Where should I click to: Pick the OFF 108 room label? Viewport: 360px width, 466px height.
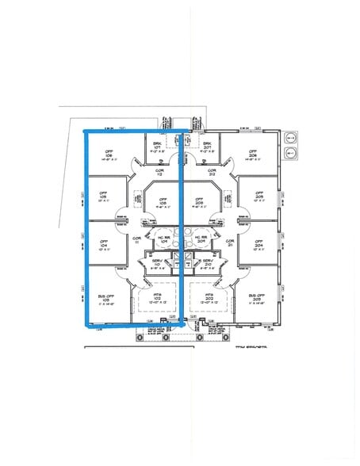pyautogui.click(x=164, y=201)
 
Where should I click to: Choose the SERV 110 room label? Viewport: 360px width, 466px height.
pyautogui.click(x=157, y=262)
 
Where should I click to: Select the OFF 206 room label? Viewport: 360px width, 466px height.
pyautogui.click(x=252, y=155)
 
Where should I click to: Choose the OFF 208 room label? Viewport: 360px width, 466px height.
pyautogui.click(x=199, y=201)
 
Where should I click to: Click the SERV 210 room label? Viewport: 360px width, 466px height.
pyautogui.click(x=208, y=262)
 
